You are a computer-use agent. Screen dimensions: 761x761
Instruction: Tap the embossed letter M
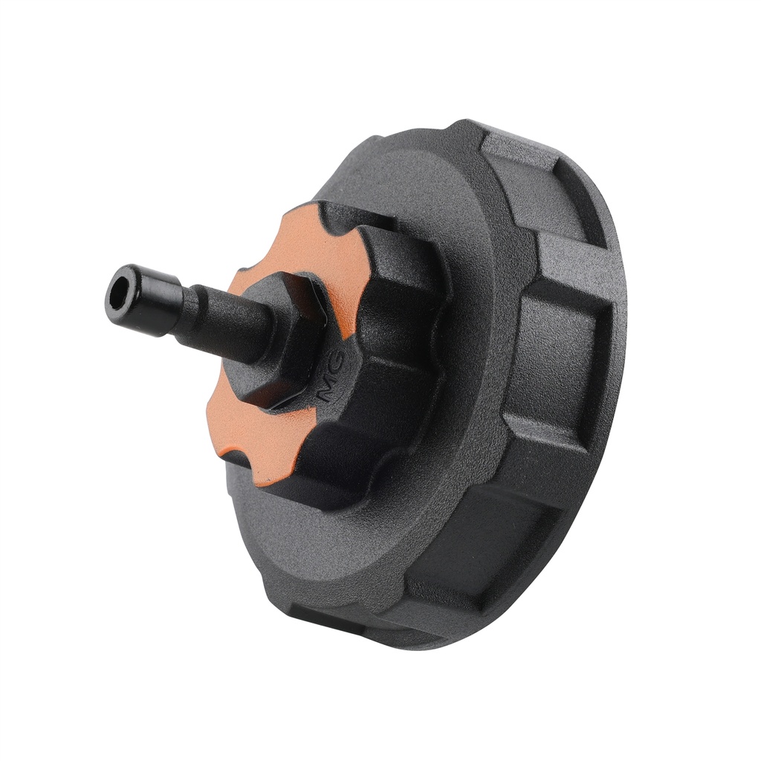(324, 389)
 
